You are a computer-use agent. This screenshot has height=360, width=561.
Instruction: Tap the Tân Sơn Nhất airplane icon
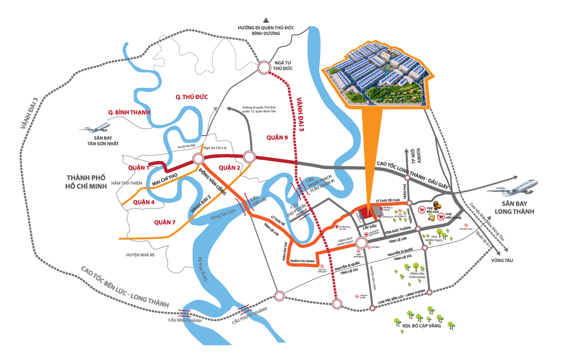click(95, 127)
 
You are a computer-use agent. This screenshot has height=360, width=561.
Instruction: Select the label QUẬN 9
click(277, 138)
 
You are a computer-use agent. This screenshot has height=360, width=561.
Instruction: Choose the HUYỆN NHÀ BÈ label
click(140, 255)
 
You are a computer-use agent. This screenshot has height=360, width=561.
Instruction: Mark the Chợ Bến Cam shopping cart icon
click(422, 210)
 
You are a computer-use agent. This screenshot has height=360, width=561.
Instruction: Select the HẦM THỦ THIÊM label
click(130, 183)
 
